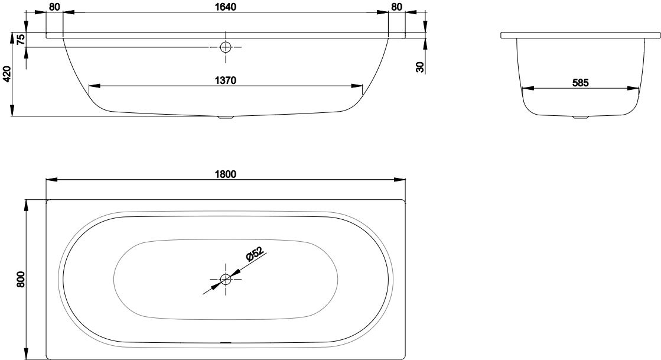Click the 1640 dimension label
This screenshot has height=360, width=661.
point(225,7)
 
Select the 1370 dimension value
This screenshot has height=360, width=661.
point(225,80)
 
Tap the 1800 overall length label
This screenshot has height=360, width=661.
point(225,174)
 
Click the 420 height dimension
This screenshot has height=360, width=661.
point(6,74)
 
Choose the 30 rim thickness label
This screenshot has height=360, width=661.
point(419,67)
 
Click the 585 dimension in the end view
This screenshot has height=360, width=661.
point(580,83)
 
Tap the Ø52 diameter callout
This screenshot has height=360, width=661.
point(254,255)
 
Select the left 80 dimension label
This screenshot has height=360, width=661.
point(54,7)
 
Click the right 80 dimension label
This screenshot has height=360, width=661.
point(397,7)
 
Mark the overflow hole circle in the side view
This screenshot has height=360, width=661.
point(226,47)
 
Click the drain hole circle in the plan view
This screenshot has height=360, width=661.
point(226,278)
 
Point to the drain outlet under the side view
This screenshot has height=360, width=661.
point(226,118)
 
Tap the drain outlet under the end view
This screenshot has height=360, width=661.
point(581,117)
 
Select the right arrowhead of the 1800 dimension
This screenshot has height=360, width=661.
point(400,180)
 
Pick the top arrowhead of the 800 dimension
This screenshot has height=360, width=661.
point(27,205)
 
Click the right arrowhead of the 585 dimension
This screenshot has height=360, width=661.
point(634,89)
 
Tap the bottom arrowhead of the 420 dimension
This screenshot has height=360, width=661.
point(12,111)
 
